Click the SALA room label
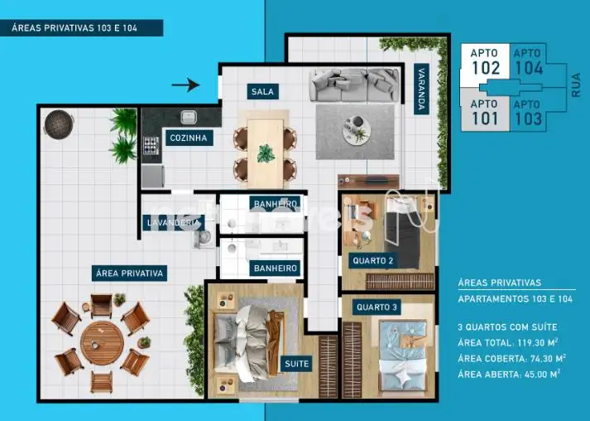pyautogui.click(x=262, y=92)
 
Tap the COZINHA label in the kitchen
pyautogui.click(x=189, y=138)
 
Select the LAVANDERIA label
pyautogui.click(x=174, y=223)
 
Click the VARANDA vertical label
pyautogui.click(x=421, y=89)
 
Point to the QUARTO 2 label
pyautogui.click(x=373, y=261)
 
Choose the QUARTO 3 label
pyautogui.click(x=377, y=307)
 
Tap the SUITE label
pyautogui.click(x=296, y=364)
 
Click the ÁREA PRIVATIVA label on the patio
pyautogui.click(x=129, y=273)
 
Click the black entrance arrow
pyautogui.click(x=185, y=85)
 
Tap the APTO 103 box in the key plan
pyautogui.click(x=528, y=113)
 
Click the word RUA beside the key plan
pyautogui.click(x=576, y=85)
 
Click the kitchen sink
pyautogui.click(x=189, y=117)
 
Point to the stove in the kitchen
pyautogui.click(x=151, y=146)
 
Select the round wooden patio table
pyautogui.click(x=102, y=343)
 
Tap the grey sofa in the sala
pyautogui.click(x=354, y=85)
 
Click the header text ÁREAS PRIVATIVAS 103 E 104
pyautogui.click(x=74, y=28)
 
